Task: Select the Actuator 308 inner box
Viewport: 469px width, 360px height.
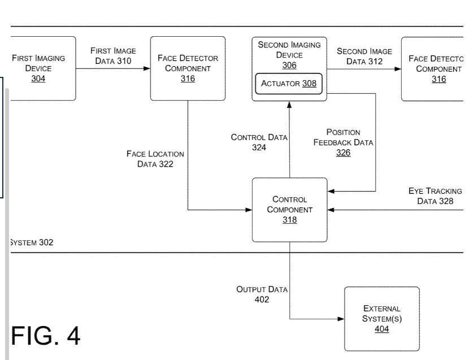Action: (289, 84)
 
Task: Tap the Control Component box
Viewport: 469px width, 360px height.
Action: (289, 210)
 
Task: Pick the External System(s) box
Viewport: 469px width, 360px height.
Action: (381, 318)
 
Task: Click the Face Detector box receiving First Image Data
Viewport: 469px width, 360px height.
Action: (188, 68)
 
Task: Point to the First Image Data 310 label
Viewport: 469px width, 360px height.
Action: (113, 56)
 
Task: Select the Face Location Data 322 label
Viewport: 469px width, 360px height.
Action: (155, 159)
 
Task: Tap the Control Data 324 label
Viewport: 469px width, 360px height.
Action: (259, 142)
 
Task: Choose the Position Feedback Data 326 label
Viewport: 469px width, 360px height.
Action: (343, 142)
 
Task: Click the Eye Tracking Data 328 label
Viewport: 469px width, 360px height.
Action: (435, 196)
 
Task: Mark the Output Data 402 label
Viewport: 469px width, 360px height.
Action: (262, 294)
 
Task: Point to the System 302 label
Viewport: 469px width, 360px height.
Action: (32, 243)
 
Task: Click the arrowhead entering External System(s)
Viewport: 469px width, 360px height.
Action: (341, 319)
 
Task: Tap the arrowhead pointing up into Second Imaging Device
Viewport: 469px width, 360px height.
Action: (289, 105)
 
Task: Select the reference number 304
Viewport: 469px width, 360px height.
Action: (38, 79)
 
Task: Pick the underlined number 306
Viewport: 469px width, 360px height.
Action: (289, 66)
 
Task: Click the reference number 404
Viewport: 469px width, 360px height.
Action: (382, 328)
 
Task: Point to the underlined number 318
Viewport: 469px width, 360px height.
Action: (289, 220)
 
